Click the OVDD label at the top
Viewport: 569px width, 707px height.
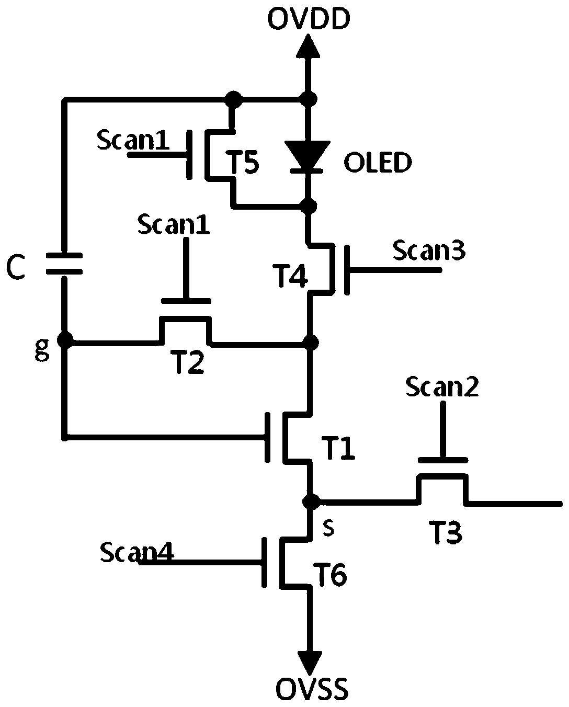pos(309,19)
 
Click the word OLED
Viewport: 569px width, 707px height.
pos(378,162)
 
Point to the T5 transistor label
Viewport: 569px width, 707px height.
pos(244,162)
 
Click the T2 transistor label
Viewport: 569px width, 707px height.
pos(188,362)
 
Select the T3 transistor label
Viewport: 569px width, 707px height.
pos(446,532)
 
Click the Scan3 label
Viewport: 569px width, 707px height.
pos(429,250)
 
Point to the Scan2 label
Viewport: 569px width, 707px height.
pos(442,386)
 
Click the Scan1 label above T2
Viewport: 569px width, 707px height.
pos(174,225)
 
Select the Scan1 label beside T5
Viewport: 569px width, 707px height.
pos(133,140)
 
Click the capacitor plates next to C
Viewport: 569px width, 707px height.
pos(64,264)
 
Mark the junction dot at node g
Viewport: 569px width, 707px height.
pos(65,340)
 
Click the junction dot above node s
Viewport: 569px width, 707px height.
pos(311,501)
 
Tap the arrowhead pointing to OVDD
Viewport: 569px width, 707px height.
pos(308,47)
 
